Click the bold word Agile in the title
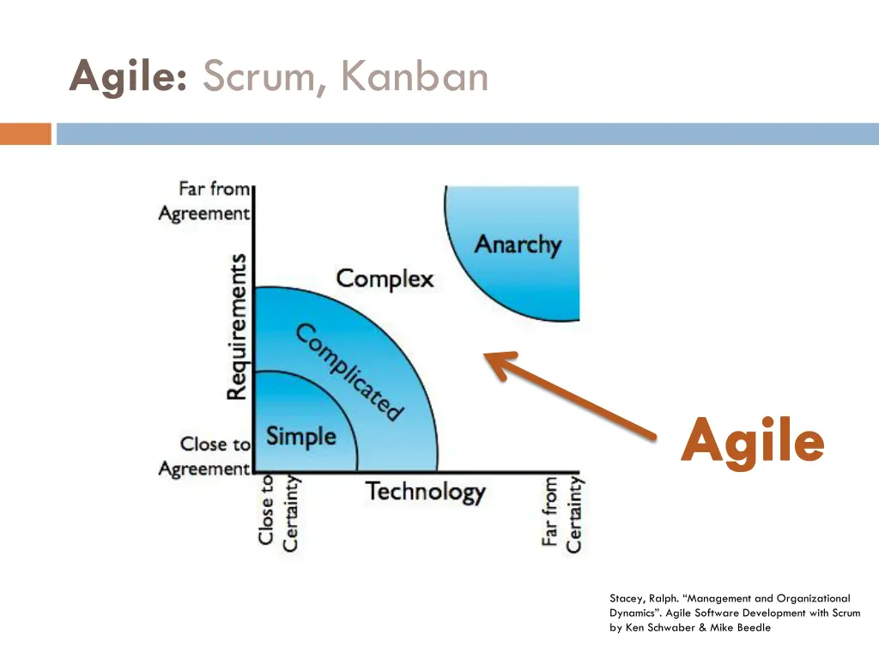[x=129, y=77]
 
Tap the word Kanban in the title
[x=414, y=77]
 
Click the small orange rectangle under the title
[x=26, y=135]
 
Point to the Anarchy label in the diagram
[x=518, y=245]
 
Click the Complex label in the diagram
[x=385, y=279]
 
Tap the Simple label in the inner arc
[x=300, y=436]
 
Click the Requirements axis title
[x=238, y=326]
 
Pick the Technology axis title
[x=426, y=493]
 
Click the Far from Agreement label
[x=205, y=201]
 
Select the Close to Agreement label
[x=205, y=456]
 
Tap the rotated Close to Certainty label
[x=278, y=512]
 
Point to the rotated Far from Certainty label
[x=562, y=514]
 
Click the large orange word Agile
[x=753, y=442]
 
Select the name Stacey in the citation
[x=625, y=598]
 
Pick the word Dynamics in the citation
[x=634, y=613]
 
